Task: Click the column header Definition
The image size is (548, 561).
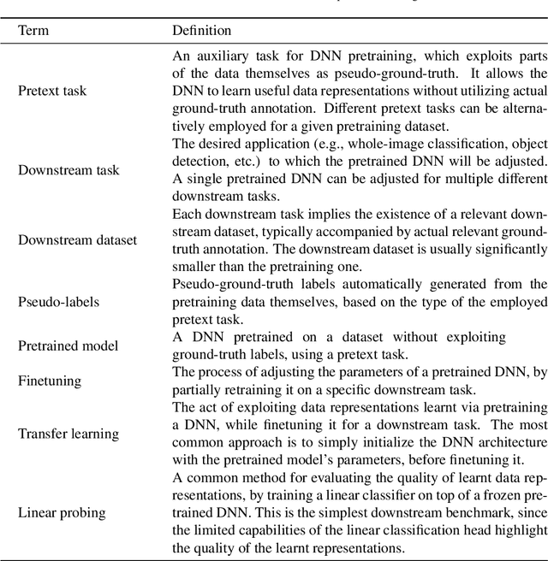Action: coord(202,30)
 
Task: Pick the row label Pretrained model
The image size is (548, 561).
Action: coord(68,345)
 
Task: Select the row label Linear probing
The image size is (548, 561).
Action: coord(63,512)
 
